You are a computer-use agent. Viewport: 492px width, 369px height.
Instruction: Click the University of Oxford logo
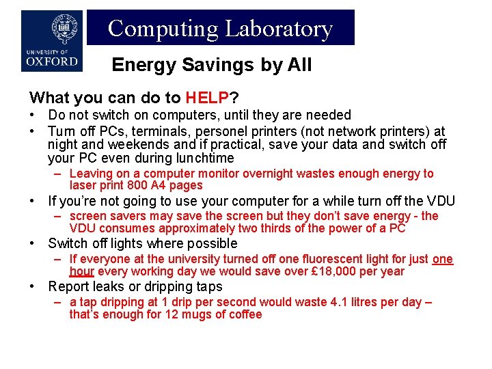tap(52, 41)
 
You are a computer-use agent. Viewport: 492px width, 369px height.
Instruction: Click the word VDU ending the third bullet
tap(439, 201)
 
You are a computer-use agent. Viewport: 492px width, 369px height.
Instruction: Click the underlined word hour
tap(81, 271)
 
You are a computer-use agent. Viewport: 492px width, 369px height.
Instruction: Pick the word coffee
tap(243, 314)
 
